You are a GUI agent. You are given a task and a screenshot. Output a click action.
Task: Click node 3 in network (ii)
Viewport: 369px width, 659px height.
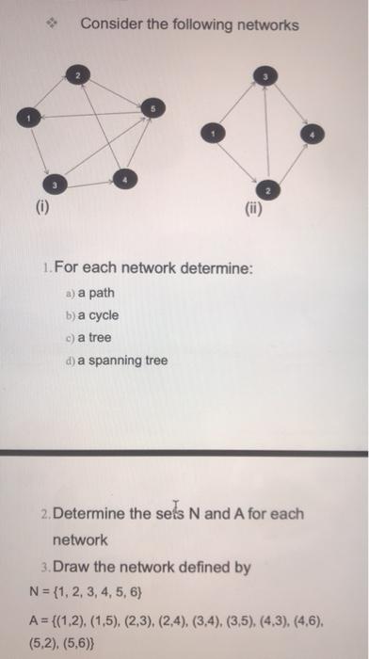coord(265,77)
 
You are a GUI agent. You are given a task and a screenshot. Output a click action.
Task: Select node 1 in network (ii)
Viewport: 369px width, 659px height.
coord(217,136)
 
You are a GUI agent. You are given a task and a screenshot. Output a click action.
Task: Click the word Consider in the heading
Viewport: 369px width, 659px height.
coord(110,24)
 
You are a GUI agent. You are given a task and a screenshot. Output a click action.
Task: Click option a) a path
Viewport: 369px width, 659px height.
coord(88,292)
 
